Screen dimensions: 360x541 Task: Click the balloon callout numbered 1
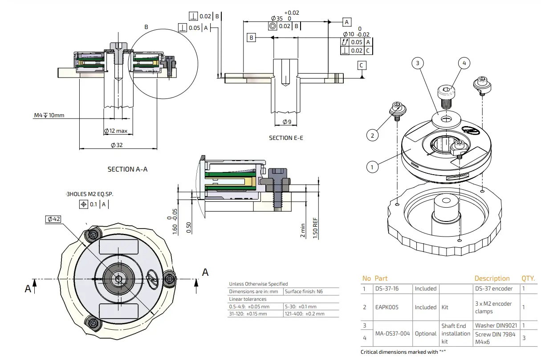click(x=372, y=167)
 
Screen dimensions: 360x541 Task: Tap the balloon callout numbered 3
click(x=417, y=63)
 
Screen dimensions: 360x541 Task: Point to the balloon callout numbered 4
click(x=464, y=63)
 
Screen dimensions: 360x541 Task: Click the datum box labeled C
click(x=362, y=65)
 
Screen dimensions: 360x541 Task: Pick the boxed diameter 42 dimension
click(x=54, y=219)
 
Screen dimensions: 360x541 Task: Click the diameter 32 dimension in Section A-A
click(x=117, y=145)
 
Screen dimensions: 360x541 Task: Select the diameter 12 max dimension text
click(x=116, y=131)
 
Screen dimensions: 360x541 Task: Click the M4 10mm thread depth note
click(x=49, y=115)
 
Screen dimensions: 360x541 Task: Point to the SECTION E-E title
click(x=286, y=138)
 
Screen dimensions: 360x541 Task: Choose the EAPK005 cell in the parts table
click(x=386, y=307)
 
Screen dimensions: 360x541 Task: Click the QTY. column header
click(x=529, y=278)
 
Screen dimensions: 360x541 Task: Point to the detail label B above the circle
click(x=146, y=27)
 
